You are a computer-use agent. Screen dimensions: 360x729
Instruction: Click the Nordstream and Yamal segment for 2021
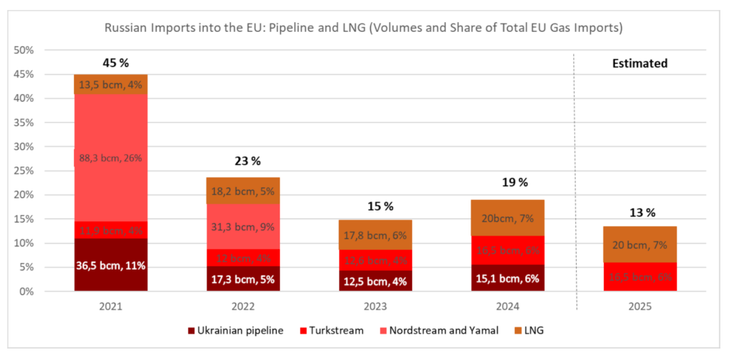click(x=110, y=158)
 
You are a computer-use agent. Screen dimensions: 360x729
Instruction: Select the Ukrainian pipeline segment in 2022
click(x=243, y=278)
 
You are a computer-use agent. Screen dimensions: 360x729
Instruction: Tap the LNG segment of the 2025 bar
click(x=640, y=245)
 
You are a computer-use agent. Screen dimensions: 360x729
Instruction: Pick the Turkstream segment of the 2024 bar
click(x=508, y=250)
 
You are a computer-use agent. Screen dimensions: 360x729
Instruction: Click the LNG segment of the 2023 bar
click(x=375, y=235)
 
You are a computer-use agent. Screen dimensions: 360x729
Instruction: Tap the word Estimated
click(x=640, y=63)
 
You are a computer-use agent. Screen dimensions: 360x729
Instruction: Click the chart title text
click(x=364, y=29)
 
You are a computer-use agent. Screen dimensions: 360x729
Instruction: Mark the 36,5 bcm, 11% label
click(x=110, y=266)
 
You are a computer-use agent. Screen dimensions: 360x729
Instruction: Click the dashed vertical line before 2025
click(x=575, y=178)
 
